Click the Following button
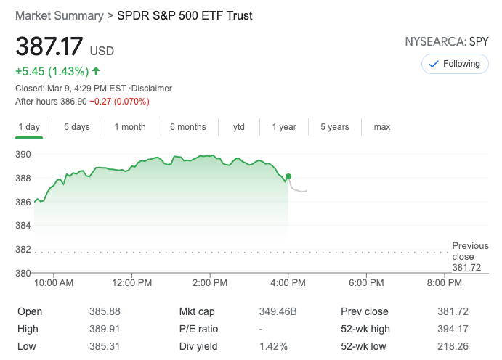pos(455,64)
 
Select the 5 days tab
pos(76,127)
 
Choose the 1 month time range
pos(130,127)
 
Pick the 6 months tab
pos(188,127)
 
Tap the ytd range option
pos(239,127)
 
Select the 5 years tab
pos(335,127)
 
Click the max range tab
pos(382,127)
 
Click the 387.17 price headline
pos(49,49)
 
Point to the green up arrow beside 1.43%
pos(96,71)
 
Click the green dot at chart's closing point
pos(288,176)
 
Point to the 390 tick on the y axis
pos(23,154)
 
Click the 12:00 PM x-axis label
pos(132,282)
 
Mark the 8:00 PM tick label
pos(444,282)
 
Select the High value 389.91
pos(104,329)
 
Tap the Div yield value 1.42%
pos(273,346)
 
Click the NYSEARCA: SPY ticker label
pos(447,42)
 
